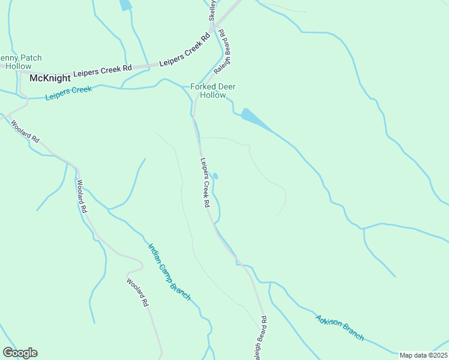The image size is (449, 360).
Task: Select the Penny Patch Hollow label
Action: [x=20, y=62]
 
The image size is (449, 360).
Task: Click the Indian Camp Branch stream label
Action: [x=169, y=271]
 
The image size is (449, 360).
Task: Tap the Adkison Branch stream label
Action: [x=339, y=328]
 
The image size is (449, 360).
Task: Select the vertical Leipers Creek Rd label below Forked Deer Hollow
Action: [x=205, y=182]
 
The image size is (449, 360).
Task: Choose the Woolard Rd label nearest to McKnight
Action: [x=25, y=131]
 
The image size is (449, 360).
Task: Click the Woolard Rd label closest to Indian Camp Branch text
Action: [x=137, y=292]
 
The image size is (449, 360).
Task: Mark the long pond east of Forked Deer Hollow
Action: [x=255, y=119]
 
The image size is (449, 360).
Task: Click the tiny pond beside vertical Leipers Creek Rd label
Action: [x=215, y=176]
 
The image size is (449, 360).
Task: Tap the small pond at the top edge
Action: [x=125, y=5]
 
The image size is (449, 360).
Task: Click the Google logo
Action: [x=20, y=352]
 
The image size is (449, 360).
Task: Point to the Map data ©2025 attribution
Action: [x=423, y=355]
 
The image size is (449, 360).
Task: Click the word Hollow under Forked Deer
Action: [x=212, y=95]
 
